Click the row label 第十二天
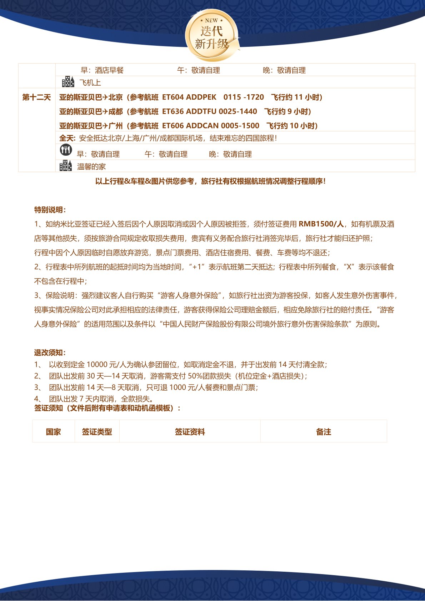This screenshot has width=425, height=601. pos(36,97)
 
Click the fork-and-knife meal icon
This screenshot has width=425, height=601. pos(66,150)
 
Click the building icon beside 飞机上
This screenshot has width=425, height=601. pos(68,82)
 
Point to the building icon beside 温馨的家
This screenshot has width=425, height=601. pos(66,166)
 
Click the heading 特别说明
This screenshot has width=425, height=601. pos(50,210)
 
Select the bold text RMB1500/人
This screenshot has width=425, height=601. pos(321,224)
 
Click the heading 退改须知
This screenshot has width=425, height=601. pos(50,353)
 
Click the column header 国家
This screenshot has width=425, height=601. pos(53,432)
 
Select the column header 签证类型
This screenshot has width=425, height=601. pos(97,432)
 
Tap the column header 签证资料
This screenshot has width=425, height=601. pos(190,432)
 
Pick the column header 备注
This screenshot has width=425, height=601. pos(324,432)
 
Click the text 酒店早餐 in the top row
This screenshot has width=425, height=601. pos(109,70)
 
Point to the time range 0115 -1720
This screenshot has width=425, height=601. pos(244,97)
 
